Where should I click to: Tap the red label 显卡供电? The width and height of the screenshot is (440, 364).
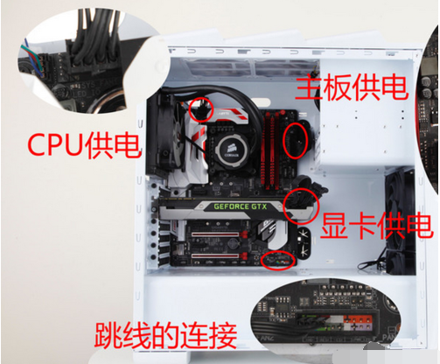point(374,224)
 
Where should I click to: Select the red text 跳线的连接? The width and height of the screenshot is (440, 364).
point(164,335)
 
